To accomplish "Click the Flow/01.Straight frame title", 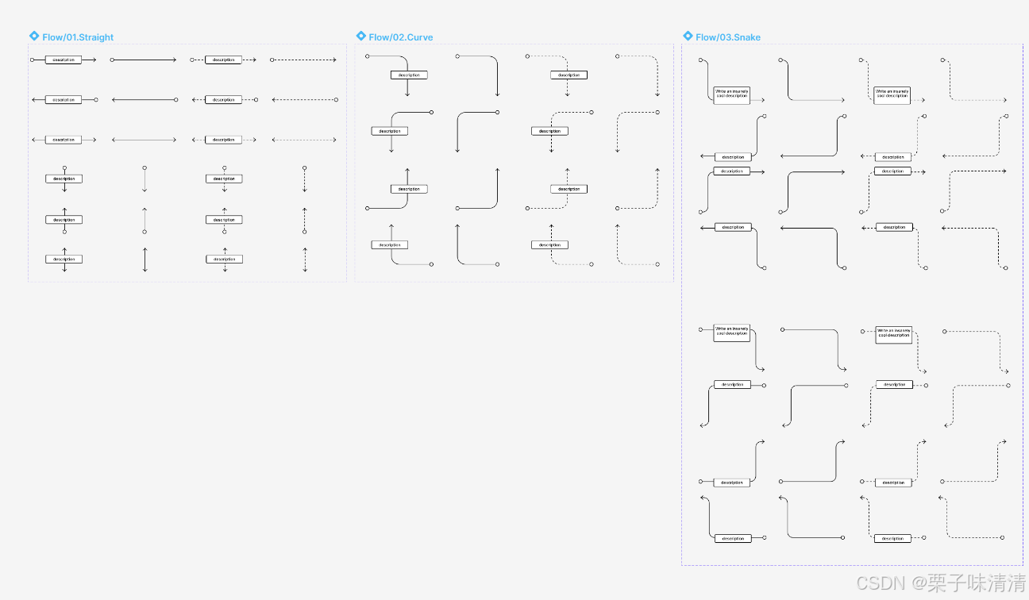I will click(78, 37).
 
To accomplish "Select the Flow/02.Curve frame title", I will click(401, 37).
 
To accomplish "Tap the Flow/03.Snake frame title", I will click(728, 37).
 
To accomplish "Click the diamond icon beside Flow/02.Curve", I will click(361, 37).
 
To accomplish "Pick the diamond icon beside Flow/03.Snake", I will click(688, 37).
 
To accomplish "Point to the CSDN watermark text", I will click(941, 584).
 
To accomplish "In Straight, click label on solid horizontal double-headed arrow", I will click(64, 140).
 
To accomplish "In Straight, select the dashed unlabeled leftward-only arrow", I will click(303, 100).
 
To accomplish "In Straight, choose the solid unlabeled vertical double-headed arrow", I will click(145, 260).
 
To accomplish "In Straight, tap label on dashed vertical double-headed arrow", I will click(225, 260).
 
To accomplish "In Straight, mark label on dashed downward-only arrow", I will click(225, 179).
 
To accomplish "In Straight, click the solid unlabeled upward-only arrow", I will click(145, 220).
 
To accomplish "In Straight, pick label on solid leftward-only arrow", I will click(64, 100).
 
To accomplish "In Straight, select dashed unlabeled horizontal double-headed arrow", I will click(303, 140).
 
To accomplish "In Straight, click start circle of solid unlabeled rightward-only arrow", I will click(112, 60).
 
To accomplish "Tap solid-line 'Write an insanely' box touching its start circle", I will click(731, 332).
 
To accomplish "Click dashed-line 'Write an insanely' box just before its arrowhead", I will click(892, 94).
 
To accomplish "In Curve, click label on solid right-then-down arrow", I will click(409, 75).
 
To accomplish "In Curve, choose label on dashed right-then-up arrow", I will click(568, 189).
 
